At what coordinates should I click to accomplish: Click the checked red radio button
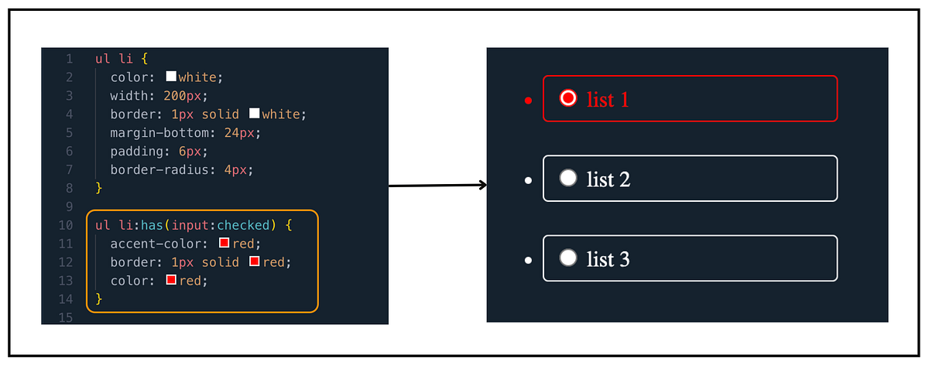point(568,98)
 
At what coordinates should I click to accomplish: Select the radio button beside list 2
point(568,178)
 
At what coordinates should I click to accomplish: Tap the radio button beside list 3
point(568,258)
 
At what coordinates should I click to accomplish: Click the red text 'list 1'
point(608,99)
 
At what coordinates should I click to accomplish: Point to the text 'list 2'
point(608,179)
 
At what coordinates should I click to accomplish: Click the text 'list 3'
point(608,258)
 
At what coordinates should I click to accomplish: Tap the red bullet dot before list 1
point(528,101)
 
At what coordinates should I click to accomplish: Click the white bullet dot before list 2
point(528,180)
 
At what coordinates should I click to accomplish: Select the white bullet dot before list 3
point(528,260)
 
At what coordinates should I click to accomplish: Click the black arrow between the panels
point(437,186)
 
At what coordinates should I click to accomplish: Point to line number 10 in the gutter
point(66,225)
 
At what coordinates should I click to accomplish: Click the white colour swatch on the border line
point(254,114)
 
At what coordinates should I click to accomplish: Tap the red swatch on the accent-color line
point(225,244)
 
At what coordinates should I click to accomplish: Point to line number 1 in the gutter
point(69,59)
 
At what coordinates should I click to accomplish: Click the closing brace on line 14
point(98,298)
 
